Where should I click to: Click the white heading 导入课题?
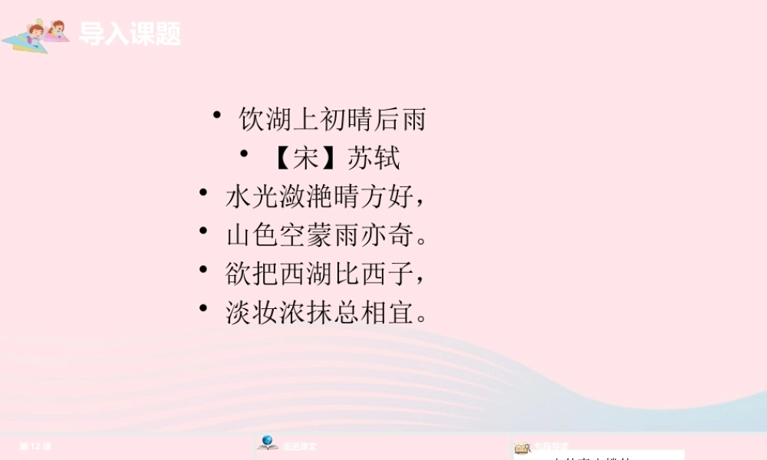coord(130,34)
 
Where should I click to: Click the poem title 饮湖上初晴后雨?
coord(332,120)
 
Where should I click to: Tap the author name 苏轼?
coord(374,158)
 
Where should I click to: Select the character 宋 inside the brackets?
coord(306,158)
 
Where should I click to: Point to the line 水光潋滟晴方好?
coord(323,197)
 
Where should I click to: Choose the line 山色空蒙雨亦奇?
coord(323,235)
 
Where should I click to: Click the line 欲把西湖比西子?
coord(323,273)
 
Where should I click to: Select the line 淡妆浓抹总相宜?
coord(323,312)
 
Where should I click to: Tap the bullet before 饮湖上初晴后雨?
coord(218,116)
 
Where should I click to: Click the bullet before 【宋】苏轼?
coord(244,154)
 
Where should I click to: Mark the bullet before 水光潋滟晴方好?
coord(202,192)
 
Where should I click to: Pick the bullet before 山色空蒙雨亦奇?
coord(202,230)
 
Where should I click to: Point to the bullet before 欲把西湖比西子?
coord(202,269)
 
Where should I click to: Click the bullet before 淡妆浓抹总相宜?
coord(202,307)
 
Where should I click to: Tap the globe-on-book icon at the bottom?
coord(268,443)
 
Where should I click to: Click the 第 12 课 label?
coord(35,446)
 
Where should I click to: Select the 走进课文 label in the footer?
coord(299,446)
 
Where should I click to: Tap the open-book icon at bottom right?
coord(522,448)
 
